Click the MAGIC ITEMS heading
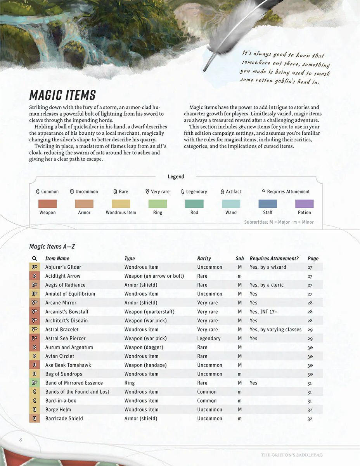click(62, 95)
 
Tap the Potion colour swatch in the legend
click(304, 204)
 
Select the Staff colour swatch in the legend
click(268, 204)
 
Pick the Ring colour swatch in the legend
click(157, 204)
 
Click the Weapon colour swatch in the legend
click(47, 204)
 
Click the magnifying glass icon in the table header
click(35, 259)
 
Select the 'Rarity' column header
click(204, 259)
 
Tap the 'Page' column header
click(313, 259)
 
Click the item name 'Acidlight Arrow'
click(63, 276)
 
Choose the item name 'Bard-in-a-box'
click(61, 401)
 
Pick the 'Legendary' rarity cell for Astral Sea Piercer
click(209, 339)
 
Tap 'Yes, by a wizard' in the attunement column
click(268, 267)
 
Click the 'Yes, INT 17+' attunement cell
click(264, 312)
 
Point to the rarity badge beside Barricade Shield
click(35, 419)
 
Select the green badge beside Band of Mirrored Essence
click(35, 383)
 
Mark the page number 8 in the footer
click(21, 440)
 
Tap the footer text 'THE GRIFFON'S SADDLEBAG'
click(292, 455)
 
